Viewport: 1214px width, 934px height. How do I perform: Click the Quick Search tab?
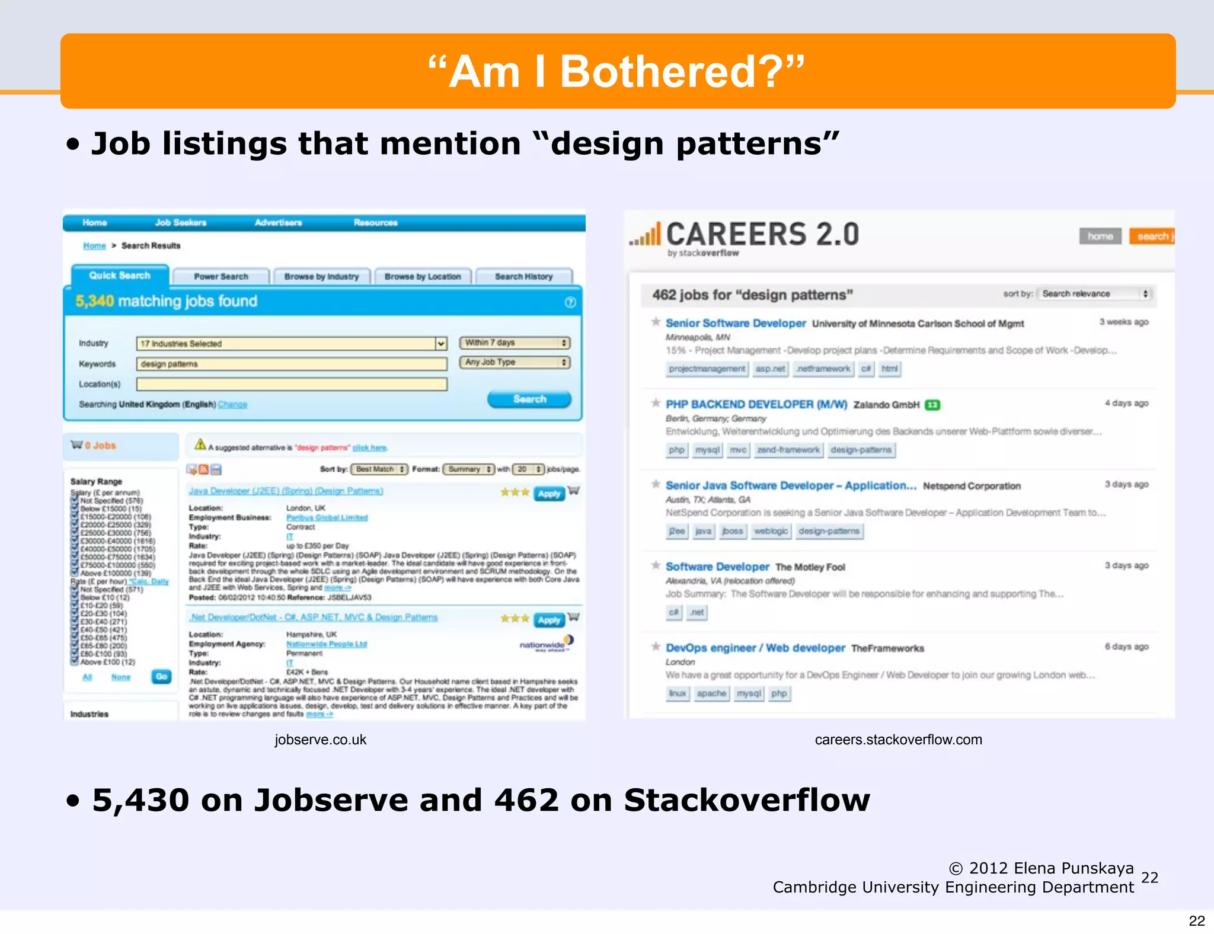120,276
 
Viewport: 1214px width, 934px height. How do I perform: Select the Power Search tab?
221,277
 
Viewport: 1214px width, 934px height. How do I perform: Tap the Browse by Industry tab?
321,277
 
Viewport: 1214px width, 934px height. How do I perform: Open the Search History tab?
523,277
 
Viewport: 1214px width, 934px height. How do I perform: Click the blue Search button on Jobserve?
529,399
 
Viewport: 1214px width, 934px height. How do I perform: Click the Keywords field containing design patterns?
292,364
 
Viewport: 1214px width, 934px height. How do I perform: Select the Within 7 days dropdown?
515,343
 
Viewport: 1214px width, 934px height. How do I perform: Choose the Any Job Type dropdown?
515,362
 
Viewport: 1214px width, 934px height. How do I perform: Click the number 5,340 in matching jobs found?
94,301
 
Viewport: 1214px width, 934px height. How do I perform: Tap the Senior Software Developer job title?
736,323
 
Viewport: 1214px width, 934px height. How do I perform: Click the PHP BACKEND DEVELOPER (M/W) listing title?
756,404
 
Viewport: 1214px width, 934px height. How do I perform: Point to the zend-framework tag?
788,450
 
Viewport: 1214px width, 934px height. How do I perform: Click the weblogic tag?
771,531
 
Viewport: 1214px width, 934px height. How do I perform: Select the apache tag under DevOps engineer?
711,693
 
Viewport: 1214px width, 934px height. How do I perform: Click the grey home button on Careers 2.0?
1100,236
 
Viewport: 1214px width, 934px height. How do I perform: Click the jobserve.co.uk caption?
320,740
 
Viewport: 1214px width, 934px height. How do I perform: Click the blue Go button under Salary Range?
161,676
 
